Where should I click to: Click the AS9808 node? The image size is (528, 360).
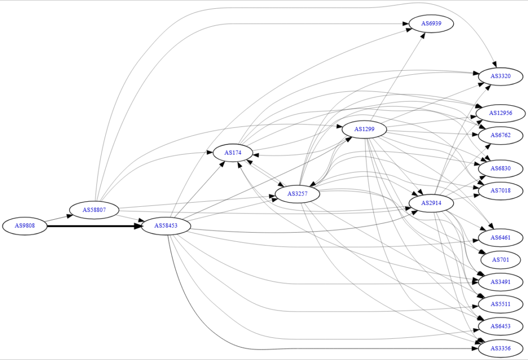tap(25, 225)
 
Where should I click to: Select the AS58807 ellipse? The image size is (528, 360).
tap(94, 210)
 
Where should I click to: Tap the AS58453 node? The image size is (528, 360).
tap(166, 225)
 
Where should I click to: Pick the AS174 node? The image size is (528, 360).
tap(233, 153)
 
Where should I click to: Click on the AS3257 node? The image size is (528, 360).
tap(298, 194)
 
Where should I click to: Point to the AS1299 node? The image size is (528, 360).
tap(365, 129)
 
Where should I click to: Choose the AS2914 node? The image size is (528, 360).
tap(432, 203)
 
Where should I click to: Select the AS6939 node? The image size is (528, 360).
tap(432, 24)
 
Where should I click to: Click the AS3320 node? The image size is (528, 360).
tap(501, 76)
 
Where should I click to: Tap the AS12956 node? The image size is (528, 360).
tap(501, 113)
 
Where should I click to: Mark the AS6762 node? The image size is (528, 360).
tap(501, 135)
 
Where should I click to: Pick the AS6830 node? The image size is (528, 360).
tap(501, 168)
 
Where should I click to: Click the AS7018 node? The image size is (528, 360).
tap(501, 191)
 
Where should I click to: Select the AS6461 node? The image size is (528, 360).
tap(501, 238)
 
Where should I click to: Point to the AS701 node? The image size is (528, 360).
tap(501, 260)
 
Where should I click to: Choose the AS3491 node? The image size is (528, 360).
tap(501, 282)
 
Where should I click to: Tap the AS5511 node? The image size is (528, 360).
tap(501, 304)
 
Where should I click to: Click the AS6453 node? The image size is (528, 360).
tap(501, 326)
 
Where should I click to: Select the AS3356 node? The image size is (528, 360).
tap(501, 349)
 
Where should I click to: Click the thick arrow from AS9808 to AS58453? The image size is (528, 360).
tap(94, 226)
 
